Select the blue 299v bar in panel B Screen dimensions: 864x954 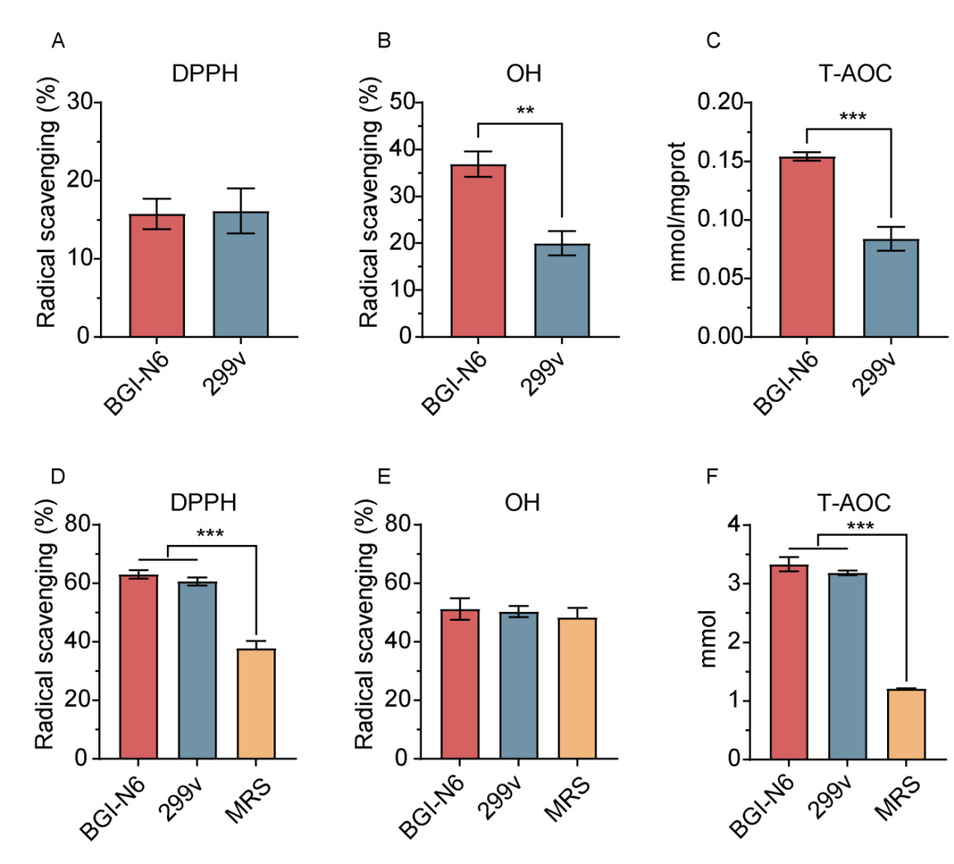(x=561, y=290)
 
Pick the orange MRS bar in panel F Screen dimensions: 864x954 (x=907, y=724)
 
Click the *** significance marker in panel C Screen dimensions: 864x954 (x=852, y=117)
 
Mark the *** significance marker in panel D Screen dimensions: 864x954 (x=211, y=535)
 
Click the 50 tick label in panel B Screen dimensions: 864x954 (x=401, y=103)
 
